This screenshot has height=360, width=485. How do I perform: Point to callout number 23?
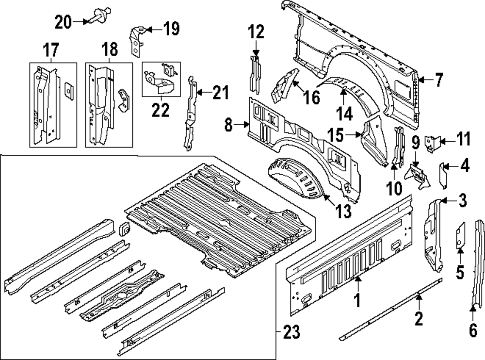click(291, 332)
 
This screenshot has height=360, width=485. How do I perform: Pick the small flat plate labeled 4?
click(443, 175)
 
